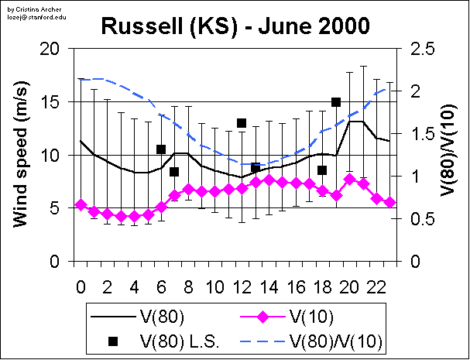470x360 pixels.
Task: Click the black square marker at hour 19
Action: [336, 102]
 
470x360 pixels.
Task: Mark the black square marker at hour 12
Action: [242, 123]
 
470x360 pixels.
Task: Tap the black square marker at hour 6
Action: [161, 149]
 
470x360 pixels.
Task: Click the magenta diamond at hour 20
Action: [349, 179]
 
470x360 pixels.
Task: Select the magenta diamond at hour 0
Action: [81, 204]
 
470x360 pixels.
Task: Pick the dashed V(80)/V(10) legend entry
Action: [338, 339]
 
